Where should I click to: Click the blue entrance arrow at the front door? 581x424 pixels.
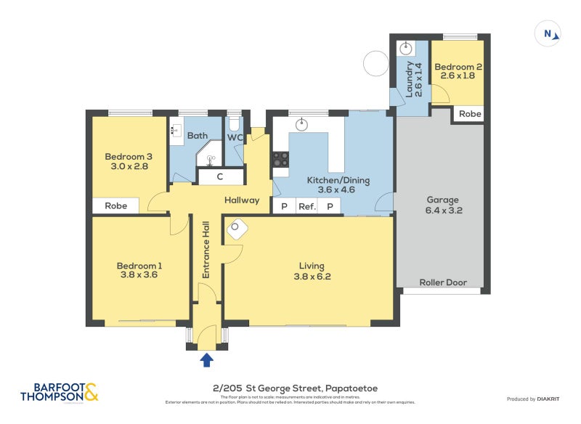coord(206,359)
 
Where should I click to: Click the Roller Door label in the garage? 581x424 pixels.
coord(443,282)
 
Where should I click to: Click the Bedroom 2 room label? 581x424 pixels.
coord(458,71)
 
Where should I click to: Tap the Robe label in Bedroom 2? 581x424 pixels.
coord(470,114)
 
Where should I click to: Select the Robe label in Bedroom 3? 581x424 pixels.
coord(116,206)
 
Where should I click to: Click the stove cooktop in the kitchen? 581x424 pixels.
coord(281,159)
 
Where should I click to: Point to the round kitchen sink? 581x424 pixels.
coord(303,124)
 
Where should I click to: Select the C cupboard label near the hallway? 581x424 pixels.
coord(219,176)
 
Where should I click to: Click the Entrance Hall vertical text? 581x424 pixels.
coord(206,249)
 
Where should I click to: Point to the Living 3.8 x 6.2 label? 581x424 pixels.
coord(309,271)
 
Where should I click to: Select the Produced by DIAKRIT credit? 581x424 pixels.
coord(535,399)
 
